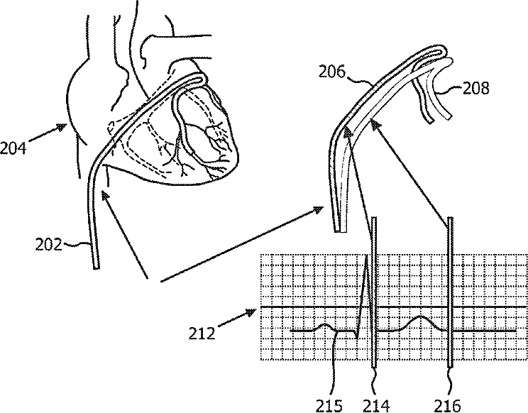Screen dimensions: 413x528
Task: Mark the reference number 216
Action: coord(452,404)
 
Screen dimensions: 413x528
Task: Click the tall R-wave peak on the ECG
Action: coord(367,258)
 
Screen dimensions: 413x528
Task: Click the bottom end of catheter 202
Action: coord(94,266)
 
